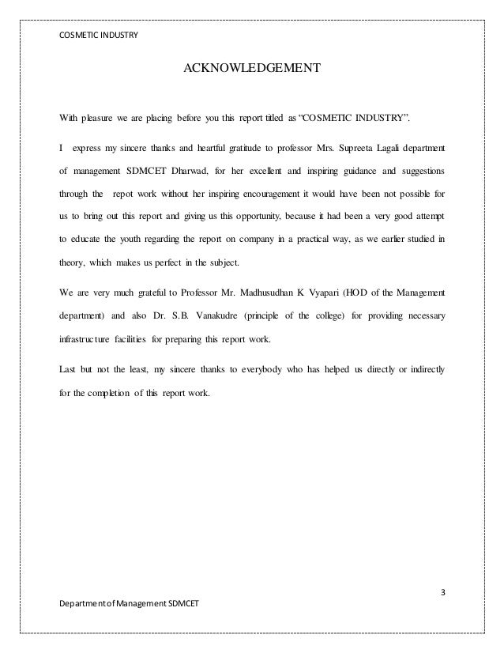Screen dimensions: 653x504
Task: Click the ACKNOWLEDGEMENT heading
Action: (x=252, y=69)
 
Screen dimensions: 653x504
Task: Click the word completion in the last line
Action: (x=112, y=391)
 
